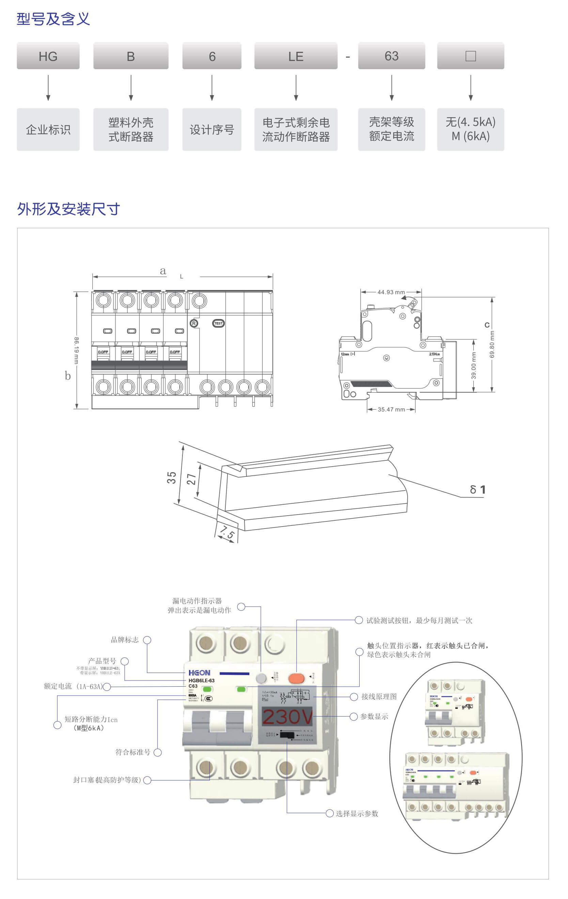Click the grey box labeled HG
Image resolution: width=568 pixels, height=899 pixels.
(x=48, y=56)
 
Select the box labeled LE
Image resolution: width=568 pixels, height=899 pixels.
(x=296, y=56)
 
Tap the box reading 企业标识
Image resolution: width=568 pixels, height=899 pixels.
(x=48, y=129)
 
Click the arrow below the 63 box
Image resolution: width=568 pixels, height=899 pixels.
(x=391, y=88)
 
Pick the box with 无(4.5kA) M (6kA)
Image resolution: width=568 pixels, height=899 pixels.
(x=470, y=129)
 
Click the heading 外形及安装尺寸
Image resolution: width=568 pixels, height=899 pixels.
(x=69, y=209)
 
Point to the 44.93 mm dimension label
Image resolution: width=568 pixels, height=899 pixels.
(x=391, y=292)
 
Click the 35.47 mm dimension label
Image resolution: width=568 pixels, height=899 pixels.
(x=391, y=410)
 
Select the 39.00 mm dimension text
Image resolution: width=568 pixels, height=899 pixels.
(x=474, y=366)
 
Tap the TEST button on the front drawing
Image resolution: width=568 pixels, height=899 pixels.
(x=218, y=323)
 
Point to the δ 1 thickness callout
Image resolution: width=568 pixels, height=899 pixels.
(x=477, y=489)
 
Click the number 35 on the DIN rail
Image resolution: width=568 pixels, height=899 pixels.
(x=171, y=477)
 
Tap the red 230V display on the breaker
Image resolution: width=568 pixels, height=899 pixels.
(x=287, y=717)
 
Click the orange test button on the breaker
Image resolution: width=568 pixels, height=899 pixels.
(x=297, y=678)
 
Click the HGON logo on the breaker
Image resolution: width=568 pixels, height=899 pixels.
(x=199, y=673)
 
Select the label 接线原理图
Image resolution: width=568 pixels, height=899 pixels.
(x=379, y=697)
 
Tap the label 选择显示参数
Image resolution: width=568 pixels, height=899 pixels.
(x=357, y=813)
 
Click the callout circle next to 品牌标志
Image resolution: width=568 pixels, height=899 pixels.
(x=147, y=640)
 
